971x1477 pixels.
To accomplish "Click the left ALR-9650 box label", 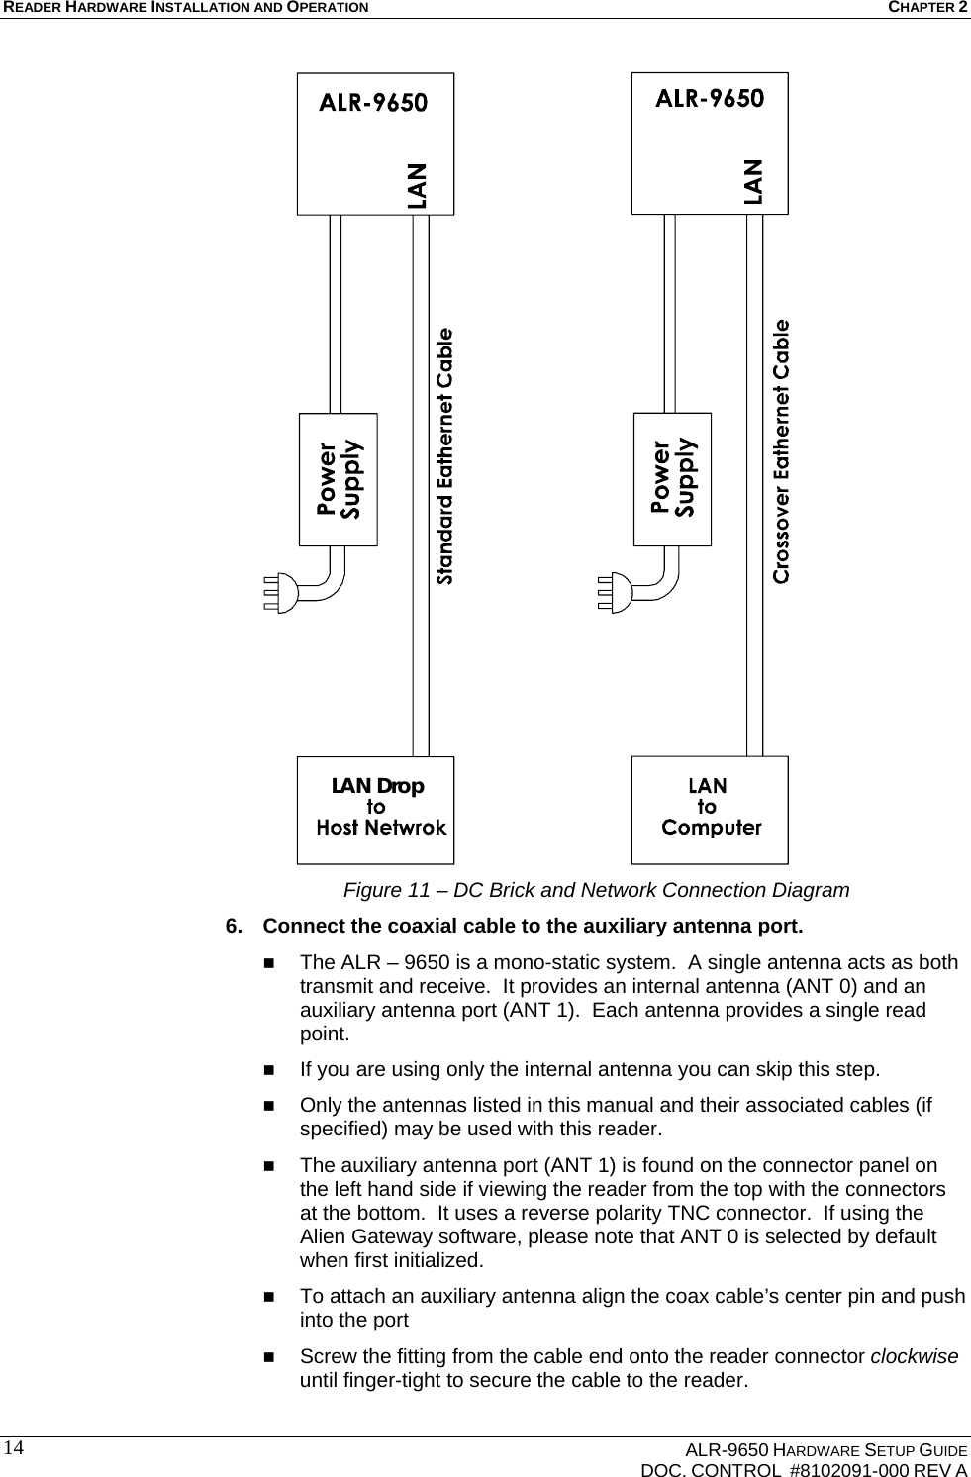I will pos(372,103).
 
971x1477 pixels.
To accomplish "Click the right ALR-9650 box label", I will pos(710,99).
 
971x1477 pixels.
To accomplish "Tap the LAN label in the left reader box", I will pos(418,185).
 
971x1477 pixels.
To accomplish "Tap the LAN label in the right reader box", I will pos(753,181).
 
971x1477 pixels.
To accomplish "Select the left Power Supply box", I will pos(339,479).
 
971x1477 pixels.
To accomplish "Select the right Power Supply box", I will pos(672,479).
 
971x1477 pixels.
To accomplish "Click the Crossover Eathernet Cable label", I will pos(781,450).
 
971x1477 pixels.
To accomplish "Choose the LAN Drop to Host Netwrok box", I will pos(376,809).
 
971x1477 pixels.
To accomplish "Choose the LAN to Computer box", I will pos(710,809).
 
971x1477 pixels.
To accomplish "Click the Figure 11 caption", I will pos(596,890).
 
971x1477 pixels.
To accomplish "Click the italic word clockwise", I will pos(913,1356).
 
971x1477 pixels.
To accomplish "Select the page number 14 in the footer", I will pos(13,1447).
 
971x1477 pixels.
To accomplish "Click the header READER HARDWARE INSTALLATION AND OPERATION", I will pos(185,8).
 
